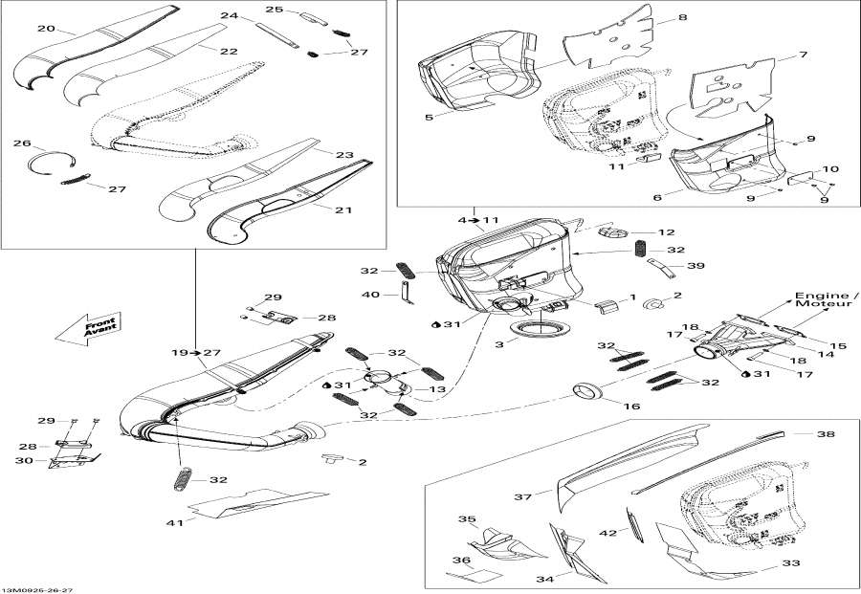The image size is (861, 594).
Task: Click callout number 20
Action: pyautogui.click(x=45, y=28)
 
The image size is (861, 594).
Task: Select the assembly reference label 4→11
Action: pyautogui.click(x=478, y=220)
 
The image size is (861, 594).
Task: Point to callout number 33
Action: pyautogui.click(x=790, y=564)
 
